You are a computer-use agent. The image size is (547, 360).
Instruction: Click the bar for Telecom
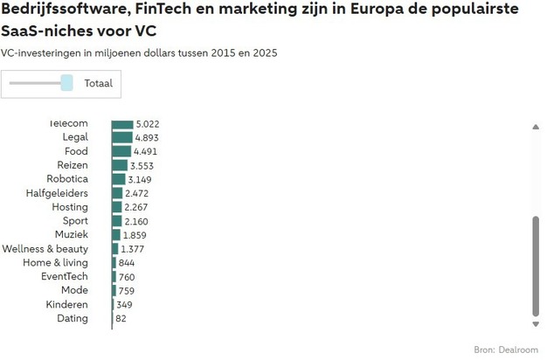(122, 124)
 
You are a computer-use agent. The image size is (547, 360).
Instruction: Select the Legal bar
(121, 137)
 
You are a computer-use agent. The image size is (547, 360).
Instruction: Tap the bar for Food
(121, 151)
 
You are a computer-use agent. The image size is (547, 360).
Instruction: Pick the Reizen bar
(119, 165)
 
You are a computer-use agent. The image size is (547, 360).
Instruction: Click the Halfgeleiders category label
(57, 193)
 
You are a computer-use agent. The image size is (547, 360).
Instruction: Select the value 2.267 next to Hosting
(137, 207)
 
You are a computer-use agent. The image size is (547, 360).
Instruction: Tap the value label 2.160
(136, 221)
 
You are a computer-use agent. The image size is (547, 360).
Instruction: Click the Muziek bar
(116, 235)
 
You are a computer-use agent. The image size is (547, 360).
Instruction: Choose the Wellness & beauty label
(45, 249)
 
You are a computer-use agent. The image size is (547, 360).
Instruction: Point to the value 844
(126, 263)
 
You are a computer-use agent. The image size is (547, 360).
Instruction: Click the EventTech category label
(65, 277)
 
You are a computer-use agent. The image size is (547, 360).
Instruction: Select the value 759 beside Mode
(126, 291)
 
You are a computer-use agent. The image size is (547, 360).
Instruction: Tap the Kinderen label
(67, 305)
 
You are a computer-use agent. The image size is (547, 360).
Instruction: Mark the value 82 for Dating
(121, 319)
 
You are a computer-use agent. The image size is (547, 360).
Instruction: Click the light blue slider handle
(67, 83)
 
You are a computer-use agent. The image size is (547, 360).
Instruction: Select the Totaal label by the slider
(99, 83)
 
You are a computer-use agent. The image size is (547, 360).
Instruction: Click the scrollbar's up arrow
(536, 128)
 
